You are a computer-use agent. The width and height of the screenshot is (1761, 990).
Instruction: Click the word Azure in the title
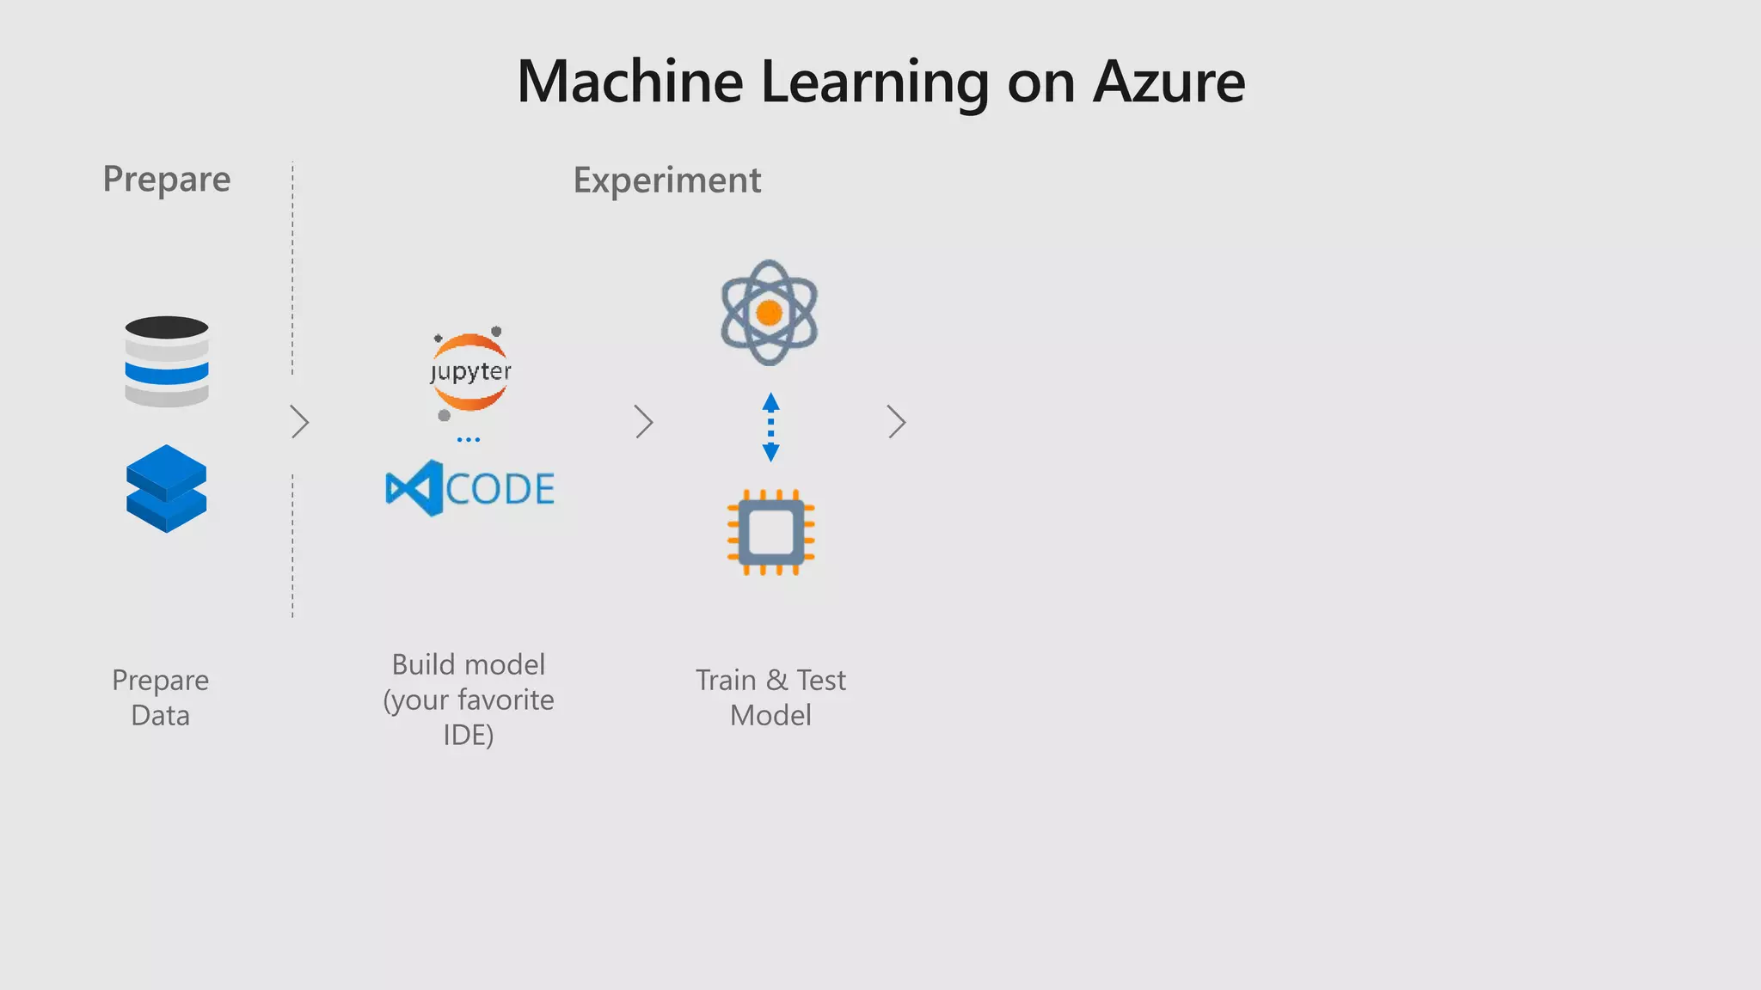coord(1169,82)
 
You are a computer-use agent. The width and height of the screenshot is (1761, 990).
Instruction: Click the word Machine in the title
coord(629,82)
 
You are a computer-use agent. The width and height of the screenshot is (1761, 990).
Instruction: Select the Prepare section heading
coord(167,179)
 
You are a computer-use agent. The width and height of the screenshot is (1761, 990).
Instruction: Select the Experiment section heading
coord(666,180)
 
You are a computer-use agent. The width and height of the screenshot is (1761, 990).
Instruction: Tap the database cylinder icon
coord(167,361)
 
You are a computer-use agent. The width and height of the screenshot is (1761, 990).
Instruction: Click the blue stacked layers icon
coord(167,488)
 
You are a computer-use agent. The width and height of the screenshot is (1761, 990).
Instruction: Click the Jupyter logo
coord(470,372)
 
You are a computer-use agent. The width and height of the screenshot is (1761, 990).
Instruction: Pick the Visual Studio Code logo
coord(469,488)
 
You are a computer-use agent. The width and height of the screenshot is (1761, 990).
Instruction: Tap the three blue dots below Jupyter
coord(469,440)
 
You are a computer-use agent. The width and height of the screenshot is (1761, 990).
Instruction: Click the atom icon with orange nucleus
coord(769,313)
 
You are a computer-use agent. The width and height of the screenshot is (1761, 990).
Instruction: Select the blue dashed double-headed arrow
coord(770,427)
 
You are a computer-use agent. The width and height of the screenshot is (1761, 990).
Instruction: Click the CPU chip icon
coord(770,533)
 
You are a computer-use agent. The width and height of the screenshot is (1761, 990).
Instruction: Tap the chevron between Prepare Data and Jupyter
coord(299,422)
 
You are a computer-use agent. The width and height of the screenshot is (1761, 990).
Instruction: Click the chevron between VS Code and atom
coord(644,422)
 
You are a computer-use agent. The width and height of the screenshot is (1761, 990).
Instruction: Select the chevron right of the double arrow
coord(897,422)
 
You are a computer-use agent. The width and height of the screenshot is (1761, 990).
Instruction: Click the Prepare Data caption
coord(161,698)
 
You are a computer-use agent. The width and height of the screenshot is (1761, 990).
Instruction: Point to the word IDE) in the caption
coord(469,736)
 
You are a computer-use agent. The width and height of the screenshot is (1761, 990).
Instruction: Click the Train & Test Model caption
coord(770,698)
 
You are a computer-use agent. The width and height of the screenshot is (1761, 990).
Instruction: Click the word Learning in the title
coord(874,82)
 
